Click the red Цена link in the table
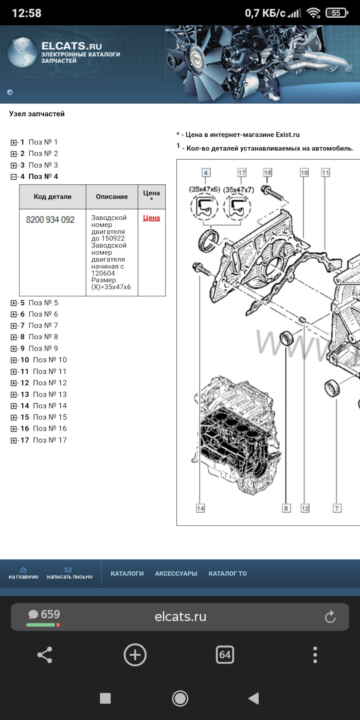pos(151,218)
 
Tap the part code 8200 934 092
pos(50,220)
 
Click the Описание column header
pos(112,196)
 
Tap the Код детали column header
pos(52,196)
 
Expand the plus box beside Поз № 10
pos(14,360)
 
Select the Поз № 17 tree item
pos(49,440)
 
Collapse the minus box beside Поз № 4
pos(14,177)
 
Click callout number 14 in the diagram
pos(200,508)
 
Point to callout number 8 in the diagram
pos(286,508)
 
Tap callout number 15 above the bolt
pos(267,172)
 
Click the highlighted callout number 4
pos(206,172)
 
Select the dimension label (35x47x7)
pos(238,190)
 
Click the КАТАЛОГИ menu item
pos(127,573)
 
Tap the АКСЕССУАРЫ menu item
pos(176,573)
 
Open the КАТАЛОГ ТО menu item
pos(228,573)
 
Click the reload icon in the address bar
pos(330,617)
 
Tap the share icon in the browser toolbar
pos(45,655)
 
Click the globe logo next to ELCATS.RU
pos(22,52)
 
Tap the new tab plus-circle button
pos(135,655)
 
